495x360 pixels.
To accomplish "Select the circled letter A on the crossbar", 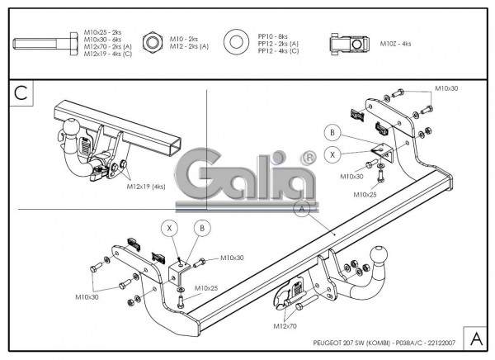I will (302, 210).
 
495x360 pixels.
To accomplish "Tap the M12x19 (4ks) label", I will (148, 187).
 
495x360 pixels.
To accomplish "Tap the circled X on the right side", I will (332, 154).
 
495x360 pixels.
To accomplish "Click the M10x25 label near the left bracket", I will (205, 288).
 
